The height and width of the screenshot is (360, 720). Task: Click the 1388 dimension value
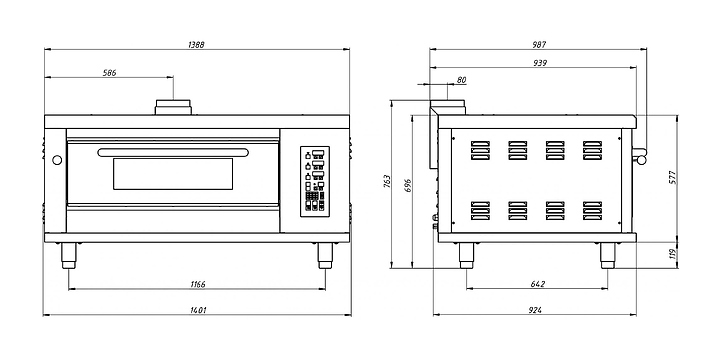(196, 45)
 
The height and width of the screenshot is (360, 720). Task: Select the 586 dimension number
(110, 73)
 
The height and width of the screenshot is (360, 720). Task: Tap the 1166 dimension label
(198, 285)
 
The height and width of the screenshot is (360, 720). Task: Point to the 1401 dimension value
(198, 310)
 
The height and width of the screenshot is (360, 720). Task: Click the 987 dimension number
(540, 45)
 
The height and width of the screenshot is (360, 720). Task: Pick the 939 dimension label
(540, 63)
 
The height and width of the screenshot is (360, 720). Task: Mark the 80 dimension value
(461, 80)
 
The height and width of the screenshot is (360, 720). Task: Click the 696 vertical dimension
(408, 185)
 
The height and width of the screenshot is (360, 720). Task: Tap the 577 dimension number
(673, 178)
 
